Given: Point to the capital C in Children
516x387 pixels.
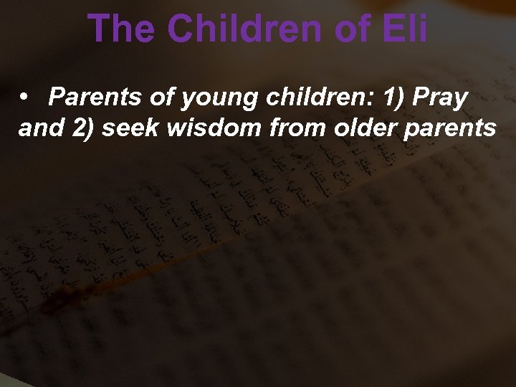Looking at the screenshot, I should pos(183,29).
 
